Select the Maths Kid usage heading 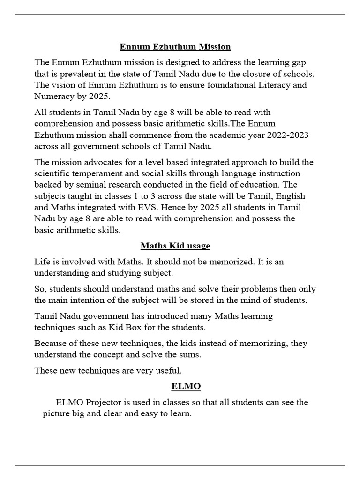[175, 246]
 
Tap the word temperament [96, 174]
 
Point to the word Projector [101, 402]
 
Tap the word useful [166, 371]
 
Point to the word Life [43, 262]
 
